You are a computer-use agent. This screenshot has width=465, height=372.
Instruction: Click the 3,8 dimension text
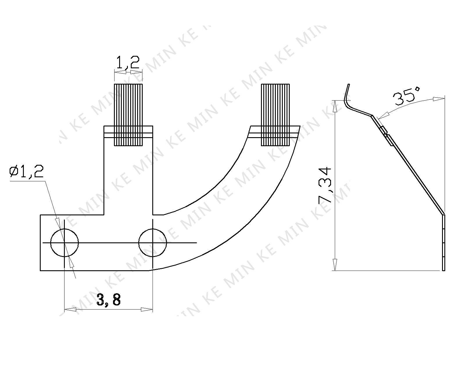coord(108,299)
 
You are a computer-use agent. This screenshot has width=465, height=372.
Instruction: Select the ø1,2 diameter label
coord(26,172)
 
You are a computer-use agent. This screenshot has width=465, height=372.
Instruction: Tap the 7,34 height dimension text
coord(325,185)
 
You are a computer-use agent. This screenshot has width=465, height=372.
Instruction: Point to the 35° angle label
coord(406,97)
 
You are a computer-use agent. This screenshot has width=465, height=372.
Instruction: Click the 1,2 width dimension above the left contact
coord(128,63)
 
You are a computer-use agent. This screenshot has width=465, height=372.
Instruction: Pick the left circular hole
coord(65,243)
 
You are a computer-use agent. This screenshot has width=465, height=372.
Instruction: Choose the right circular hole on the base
coord(153,243)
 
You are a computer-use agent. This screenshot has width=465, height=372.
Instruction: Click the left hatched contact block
coord(128,115)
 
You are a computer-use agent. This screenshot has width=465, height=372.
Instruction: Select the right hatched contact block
coord(275,115)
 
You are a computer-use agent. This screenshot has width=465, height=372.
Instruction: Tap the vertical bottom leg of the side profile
coord(443,243)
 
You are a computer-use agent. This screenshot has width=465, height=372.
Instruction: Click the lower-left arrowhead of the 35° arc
coord(380,117)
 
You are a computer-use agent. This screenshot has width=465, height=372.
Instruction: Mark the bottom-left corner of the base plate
coord(40,271)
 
